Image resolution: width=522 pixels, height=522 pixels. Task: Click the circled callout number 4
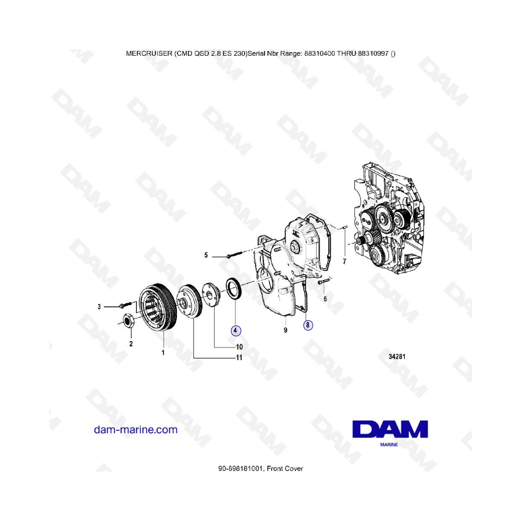click(x=235, y=331)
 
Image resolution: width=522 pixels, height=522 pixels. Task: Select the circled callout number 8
click(x=308, y=325)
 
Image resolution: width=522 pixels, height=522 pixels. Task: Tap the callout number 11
click(x=239, y=357)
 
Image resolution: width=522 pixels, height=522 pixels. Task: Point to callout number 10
click(x=240, y=347)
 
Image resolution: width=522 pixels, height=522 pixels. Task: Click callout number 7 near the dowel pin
click(x=345, y=262)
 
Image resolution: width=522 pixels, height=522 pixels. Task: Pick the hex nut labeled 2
click(x=129, y=320)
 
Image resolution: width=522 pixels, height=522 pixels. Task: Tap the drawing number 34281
click(x=397, y=357)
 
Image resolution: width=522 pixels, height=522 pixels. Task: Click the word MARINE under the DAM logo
click(x=389, y=444)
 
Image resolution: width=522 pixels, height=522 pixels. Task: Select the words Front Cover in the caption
click(x=285, y=469)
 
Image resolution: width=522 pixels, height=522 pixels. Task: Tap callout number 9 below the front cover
click(x=285, y=330)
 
